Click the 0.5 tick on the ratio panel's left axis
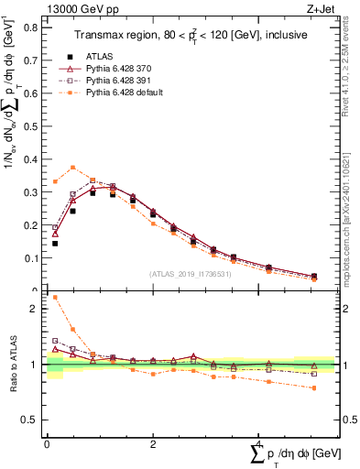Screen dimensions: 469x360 (x=29, y=420)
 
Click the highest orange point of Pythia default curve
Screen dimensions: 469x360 (x=73, y=168)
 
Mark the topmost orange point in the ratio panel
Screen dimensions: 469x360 (x=55, y=298)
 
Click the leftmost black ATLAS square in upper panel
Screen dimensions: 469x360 (x=55, y=244)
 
